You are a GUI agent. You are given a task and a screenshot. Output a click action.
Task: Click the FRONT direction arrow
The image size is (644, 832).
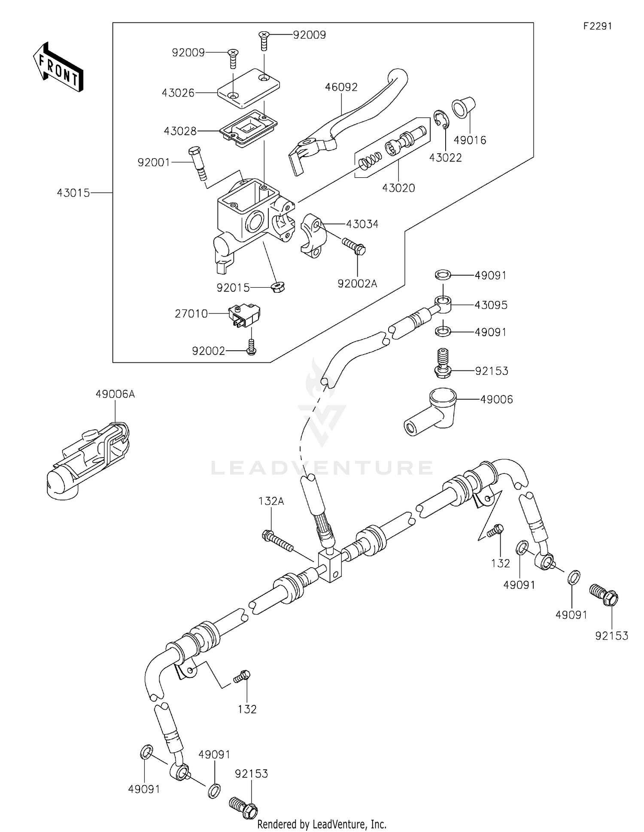[x=58, y=67]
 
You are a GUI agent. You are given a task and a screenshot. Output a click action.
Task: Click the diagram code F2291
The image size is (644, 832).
[x=597, y=26]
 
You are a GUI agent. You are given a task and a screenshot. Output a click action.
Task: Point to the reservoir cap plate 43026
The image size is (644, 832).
[x=248, y=88]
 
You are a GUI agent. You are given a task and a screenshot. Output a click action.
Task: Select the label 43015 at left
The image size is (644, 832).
[x=73, y=193]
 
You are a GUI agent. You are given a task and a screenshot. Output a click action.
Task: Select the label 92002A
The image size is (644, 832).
[x=357, y=284]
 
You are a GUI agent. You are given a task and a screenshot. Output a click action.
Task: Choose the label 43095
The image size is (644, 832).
[x=491, y=305]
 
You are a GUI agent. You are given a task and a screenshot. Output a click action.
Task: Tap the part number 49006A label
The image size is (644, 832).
[x=115, y=394]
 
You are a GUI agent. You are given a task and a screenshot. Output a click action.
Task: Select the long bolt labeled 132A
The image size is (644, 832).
[x=277, y=541]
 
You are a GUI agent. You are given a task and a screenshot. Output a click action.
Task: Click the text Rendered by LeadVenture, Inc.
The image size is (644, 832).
[x=322, y=824]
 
